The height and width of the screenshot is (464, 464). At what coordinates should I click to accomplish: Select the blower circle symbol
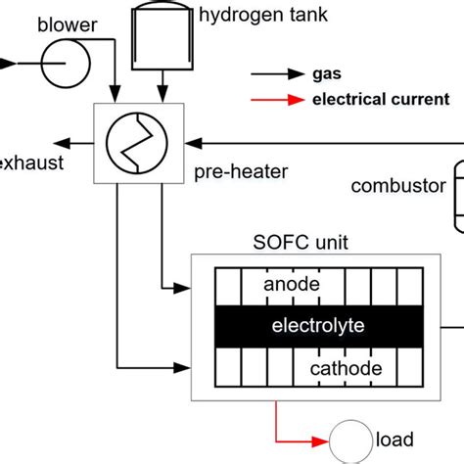pos(65,66)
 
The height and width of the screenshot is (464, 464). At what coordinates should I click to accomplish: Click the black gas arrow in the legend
pos(277,74)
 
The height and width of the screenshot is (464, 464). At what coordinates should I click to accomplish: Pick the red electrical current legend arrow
pos(277,98)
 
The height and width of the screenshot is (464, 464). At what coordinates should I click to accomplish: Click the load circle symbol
pos(350,440)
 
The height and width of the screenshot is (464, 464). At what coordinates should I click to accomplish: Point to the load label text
pos(394,440)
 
